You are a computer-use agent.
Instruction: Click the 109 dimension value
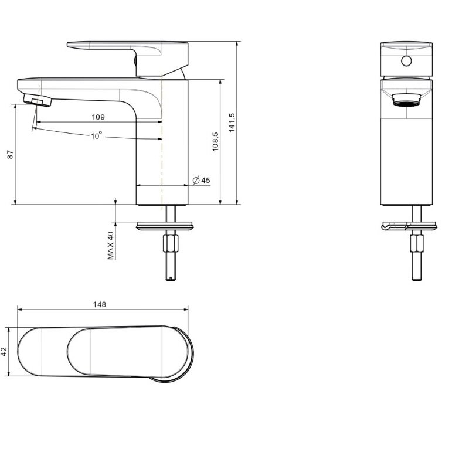click(x=98, y=117)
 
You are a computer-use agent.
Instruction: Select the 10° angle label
click(x=96, y=135)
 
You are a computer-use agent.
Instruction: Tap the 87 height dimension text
click(x=10, y=155)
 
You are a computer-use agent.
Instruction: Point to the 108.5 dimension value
click(x=215, y=142)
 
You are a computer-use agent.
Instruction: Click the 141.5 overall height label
click(x=232, y=123)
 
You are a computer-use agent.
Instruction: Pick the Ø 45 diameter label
click(x=201, y=181)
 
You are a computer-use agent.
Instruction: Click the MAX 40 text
click(x=111, y=246)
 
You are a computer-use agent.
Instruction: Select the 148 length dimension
click(x=99, y=304)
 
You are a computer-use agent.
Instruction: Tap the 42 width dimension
click(x=4, y=351)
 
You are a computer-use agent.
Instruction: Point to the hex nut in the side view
click(x=171, y=243)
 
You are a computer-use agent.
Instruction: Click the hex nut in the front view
click(x=417, y=243)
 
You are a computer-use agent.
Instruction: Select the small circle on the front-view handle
click(x=406, y=61)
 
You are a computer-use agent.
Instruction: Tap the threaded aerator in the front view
click(x=406, y=100)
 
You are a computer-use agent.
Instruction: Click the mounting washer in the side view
click(x=165, y=226)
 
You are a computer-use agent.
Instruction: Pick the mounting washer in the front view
click(x=409, y=226)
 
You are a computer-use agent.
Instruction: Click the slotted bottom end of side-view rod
click(x=171, y=280)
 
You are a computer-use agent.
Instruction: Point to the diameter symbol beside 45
click(x=196, y=181)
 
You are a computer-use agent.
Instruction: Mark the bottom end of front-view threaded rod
click(x=417, y=280)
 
